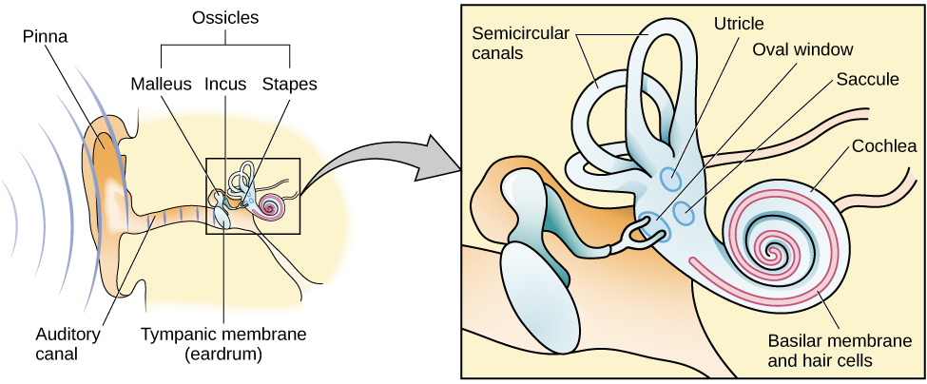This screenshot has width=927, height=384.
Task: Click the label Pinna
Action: click(x=48, y=38)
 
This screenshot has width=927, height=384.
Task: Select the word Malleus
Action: click(x=162, y=84)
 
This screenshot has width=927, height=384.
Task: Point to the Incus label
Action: click(x=224, y=84)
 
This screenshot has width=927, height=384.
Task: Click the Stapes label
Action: click(x=289, y=84)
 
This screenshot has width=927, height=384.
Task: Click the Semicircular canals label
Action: click(x=520, y=41)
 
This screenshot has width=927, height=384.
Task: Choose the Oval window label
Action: click(x=802, y=48)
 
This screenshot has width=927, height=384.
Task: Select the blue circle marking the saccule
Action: click(x=684, y=214)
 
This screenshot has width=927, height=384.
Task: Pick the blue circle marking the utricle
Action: click(x=670, y=177)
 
